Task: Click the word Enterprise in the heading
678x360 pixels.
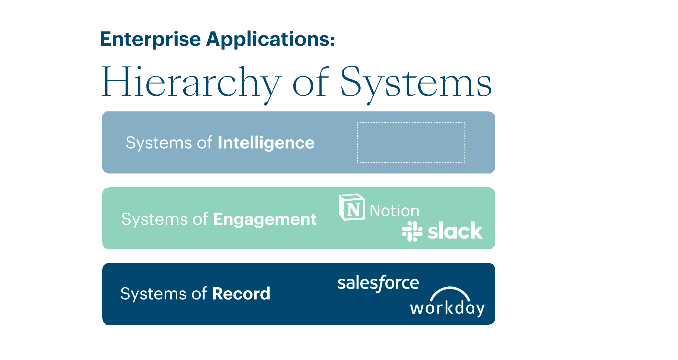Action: tap(151, 40)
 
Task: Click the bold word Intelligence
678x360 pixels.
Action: tap(266, 143)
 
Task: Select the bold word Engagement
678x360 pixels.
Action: tap(265, 219)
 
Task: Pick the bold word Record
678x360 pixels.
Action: tap(241, 294)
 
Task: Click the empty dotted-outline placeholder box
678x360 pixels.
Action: tap(411, 143)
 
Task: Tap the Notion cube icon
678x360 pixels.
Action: tap(352, 207)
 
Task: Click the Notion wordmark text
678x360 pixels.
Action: tap(394, 211)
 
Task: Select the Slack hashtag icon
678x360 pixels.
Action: tap(412, 231)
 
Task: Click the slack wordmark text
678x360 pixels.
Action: tap(455, 231)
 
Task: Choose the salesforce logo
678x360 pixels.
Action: tap(378, 283)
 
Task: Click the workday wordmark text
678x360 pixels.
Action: tap(447, 308)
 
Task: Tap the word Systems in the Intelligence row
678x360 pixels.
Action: tap(159, 143)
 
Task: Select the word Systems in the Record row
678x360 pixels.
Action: tap(153, 294)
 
